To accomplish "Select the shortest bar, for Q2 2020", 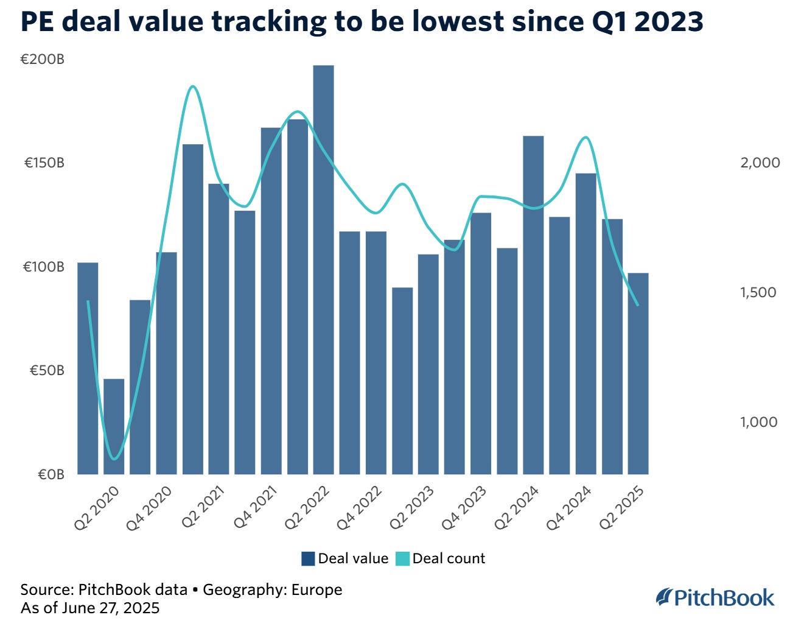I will point(114,426).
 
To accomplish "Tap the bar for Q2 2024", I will point(533,304).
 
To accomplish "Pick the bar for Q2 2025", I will point(638,373).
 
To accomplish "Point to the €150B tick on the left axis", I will point(44,163).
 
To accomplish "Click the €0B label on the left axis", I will point(51,474).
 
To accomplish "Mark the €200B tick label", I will point(43,60).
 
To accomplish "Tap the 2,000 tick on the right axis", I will point(760,163).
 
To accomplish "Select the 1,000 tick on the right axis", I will point(758,422).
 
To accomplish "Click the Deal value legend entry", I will point(345,558).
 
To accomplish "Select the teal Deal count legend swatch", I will point(402,558).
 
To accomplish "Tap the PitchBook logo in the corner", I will point(715,597).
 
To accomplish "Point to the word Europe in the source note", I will point(316,589).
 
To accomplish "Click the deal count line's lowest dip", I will point(114,459).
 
